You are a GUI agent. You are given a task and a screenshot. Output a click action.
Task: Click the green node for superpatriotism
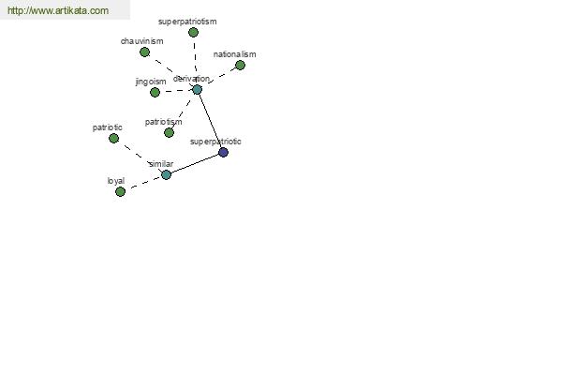(x=193, y=33)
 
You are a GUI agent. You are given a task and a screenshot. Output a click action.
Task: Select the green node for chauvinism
(x=144, y=52)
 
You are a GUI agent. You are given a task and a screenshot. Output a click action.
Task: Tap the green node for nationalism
(x=240, y=66)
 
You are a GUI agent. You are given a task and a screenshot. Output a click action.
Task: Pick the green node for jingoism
(x=155, y=93)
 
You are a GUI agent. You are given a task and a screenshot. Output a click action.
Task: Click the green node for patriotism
(x=170, y=133)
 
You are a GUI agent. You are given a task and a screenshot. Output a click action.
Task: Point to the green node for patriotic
(x=113, y=139)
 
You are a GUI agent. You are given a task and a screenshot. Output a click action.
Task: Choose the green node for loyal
(x=121, y=192)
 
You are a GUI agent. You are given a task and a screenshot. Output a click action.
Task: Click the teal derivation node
(x=197, y=90)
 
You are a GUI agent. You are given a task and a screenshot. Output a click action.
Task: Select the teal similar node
(x=167, y=175)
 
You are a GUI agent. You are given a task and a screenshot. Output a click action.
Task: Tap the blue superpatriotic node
(x=223, y=153)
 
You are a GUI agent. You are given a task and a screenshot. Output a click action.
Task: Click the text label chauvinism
(x=142, y=41)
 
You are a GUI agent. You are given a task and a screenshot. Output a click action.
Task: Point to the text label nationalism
(x=235, y=54)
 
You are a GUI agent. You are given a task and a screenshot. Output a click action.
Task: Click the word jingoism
(x=151, y=82)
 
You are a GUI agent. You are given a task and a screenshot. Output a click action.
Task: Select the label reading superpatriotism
(x=187, y=22)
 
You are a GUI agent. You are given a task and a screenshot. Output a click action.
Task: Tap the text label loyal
(x=116, y=181)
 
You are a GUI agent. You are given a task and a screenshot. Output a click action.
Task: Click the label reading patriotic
(x=108, y=127)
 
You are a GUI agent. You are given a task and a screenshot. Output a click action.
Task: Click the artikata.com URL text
(x=58, y=10)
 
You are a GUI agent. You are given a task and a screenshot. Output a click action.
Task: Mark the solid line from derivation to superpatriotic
(x=210, y=121)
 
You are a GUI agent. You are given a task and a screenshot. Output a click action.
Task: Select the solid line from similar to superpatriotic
(x=195, y=164)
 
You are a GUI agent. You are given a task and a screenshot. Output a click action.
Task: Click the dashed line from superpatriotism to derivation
(x=195, y=61)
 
